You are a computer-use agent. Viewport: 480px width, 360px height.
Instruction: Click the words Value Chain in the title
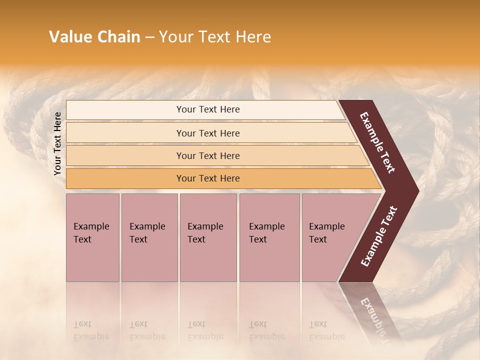[94, 37]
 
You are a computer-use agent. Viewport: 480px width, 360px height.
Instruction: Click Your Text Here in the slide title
[214, 37]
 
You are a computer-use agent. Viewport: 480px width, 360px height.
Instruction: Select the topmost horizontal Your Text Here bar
[207, 109]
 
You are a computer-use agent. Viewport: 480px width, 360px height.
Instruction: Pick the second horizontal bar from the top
[207, 133]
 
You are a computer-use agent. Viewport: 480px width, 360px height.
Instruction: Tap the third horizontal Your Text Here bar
[207, 156]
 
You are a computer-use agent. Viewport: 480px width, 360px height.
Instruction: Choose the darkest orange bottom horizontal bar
[207, 178]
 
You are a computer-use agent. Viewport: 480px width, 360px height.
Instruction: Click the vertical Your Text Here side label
[58, 144]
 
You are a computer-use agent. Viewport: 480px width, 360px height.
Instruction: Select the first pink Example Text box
[92, 237]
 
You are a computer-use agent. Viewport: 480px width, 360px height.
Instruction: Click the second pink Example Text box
[149, 237]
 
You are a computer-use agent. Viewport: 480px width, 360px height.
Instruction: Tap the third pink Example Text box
[208, 237]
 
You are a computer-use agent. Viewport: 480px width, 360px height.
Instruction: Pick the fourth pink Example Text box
[269, 237]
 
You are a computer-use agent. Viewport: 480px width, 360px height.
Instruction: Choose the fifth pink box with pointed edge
[330, 237]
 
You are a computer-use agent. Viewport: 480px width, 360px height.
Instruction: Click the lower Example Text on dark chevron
[379, 236]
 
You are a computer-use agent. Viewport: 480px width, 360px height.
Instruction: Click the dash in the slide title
[149, 37]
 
